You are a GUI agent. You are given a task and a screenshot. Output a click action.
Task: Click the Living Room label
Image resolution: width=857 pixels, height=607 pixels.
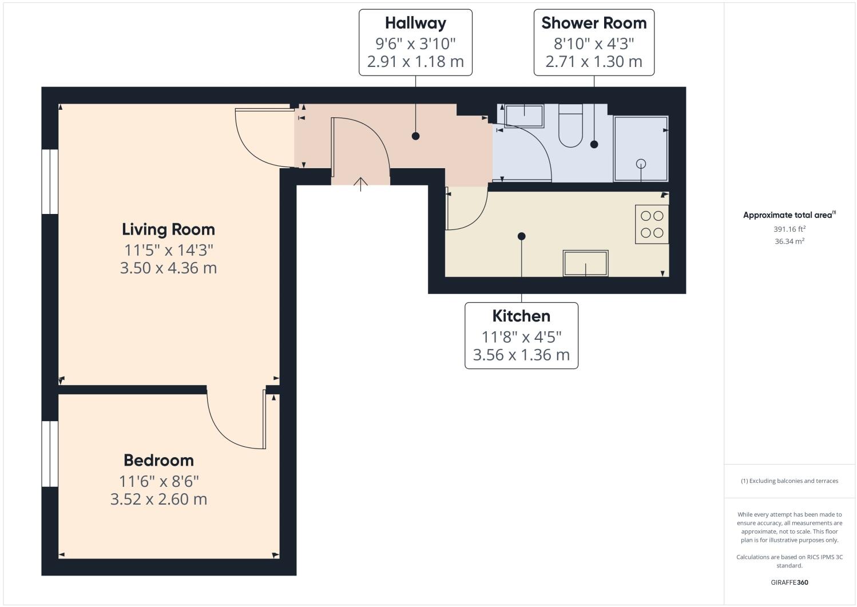point(168,229)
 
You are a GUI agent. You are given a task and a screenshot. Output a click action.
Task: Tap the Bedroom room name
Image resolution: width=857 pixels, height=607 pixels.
point(158,461)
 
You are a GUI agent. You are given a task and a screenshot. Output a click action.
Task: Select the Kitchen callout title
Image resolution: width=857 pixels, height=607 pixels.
point(521,316)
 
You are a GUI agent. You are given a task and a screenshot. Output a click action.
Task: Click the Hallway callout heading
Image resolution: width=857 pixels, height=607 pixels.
point(415,23)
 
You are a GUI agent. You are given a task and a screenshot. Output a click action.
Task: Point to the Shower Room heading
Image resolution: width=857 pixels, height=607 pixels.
point(594,23)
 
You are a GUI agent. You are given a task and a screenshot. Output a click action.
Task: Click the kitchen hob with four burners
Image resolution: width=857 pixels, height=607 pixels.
point(652,224)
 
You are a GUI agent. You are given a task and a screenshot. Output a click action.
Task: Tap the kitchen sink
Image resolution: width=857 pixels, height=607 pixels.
point(585,263)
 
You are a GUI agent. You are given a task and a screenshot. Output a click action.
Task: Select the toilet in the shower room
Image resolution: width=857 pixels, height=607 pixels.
point(570,130)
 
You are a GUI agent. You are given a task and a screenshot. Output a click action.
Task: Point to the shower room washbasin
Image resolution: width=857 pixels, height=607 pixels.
point(523,116)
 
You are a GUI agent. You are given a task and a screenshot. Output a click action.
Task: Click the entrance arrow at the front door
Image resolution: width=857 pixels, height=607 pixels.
point(360,184)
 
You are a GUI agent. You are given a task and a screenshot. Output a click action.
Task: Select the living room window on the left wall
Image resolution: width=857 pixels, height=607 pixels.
point(50,182)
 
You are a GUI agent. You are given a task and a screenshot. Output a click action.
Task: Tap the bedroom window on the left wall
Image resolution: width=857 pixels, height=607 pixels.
point(50,454)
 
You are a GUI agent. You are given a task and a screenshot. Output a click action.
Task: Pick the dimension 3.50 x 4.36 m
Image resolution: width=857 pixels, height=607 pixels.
point(168,268)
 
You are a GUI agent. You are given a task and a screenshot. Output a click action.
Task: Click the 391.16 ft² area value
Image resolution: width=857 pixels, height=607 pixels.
point(789,229)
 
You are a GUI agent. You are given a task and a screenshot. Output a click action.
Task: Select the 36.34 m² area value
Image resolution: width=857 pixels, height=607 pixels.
point(789,241)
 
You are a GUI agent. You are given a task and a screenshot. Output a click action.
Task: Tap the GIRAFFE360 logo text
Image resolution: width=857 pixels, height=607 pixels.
point(789,583)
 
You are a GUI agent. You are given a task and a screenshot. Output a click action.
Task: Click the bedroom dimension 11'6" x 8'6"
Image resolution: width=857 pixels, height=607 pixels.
point(158,481)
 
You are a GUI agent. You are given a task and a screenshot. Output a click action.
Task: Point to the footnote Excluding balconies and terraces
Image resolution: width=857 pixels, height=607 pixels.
point(789,481)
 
